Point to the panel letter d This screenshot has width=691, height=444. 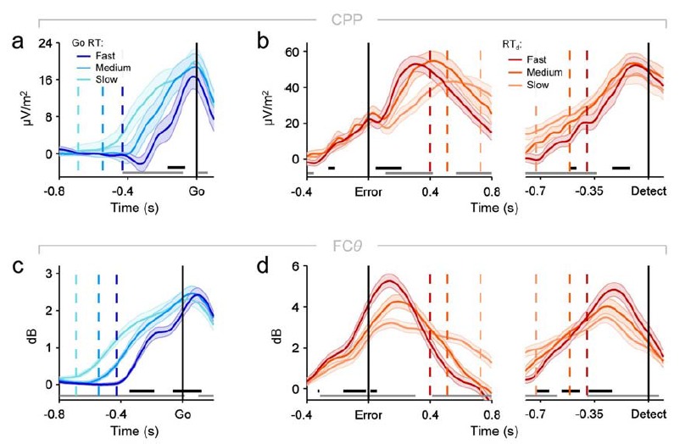tap(264, 270)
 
